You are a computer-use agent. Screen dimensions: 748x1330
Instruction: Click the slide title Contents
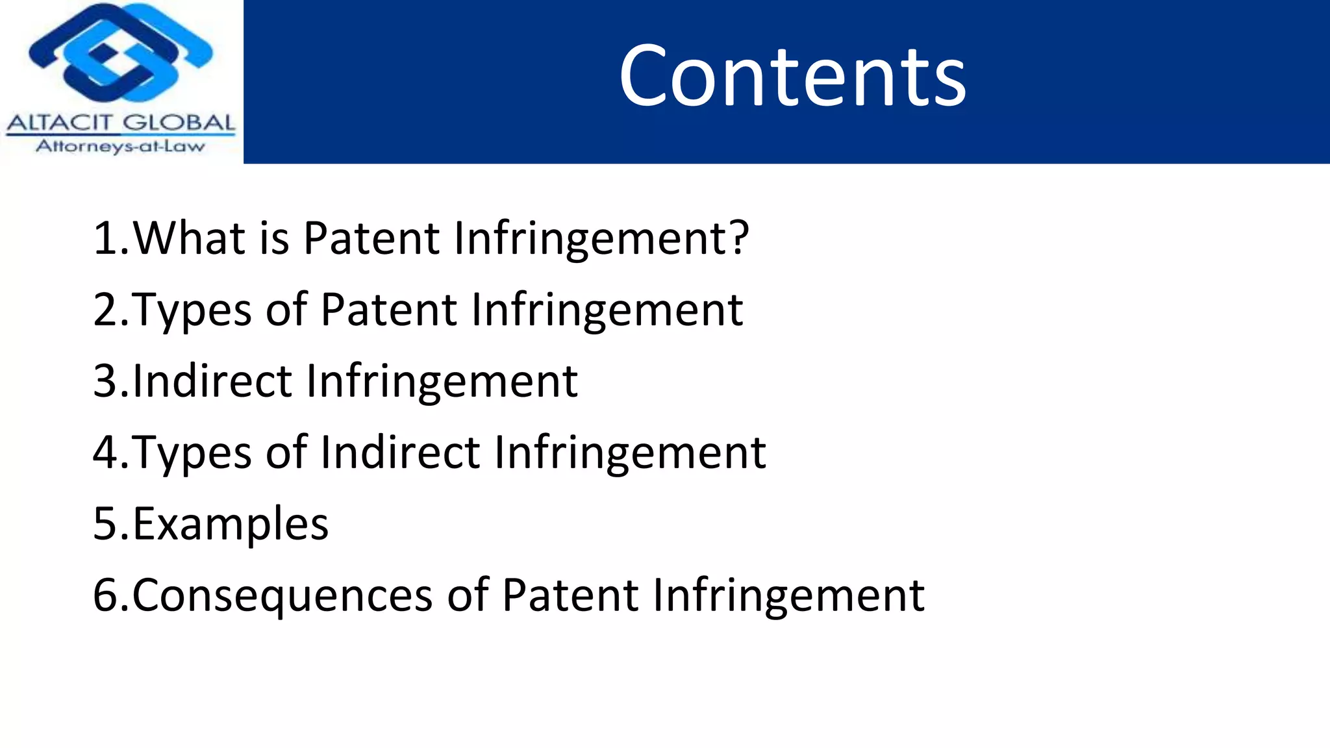[x=792, y=77]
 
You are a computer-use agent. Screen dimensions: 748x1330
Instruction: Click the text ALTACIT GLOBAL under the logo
[x=121, y=123]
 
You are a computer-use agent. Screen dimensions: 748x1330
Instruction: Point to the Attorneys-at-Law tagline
[x=121, y=146]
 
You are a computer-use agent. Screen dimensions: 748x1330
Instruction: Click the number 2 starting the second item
[x=105, y=310]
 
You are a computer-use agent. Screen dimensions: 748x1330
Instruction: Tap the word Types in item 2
[x=192, y=310]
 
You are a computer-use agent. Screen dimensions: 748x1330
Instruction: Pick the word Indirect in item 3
[x=212, y=381]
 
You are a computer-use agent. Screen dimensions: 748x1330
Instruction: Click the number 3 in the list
[x=105, y=381]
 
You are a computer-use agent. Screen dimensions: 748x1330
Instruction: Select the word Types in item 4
[x=192, y=453]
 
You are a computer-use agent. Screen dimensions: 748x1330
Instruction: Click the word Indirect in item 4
[x=400, y=453]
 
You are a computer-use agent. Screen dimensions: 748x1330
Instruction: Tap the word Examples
[x=231, y=524]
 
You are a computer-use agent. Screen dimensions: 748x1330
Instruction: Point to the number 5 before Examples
[x=105, y=524]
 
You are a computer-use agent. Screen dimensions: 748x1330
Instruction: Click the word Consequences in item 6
[x=282, y=595]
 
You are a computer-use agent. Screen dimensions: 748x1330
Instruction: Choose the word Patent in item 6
[x=570, y=595]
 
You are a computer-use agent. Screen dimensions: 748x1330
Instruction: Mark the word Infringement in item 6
[x=788, y=595]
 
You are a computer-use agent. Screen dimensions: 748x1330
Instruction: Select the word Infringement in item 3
[x=442, y=381]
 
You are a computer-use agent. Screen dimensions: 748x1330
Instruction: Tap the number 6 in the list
[x=105, y=595]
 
